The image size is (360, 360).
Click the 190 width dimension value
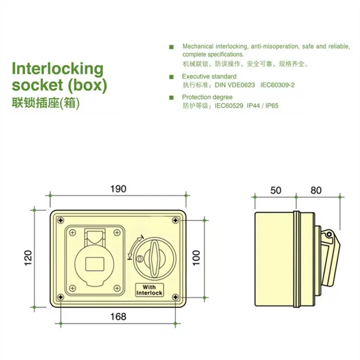click(118, 189)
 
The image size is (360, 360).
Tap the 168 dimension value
click(118, 316)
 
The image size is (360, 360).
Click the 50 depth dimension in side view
click(276, 190)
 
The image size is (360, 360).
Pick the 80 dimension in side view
click(316, 190)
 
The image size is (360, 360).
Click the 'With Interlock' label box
click(149, 289)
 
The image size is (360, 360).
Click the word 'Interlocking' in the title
click(57, 69)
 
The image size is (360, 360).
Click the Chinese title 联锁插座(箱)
click(45, 103)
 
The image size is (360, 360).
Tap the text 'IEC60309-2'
click(277, 85)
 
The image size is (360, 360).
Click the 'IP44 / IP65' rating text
click(263, 106)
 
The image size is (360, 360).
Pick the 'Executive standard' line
click(209, 76)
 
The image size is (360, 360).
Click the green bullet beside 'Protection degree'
click(171, 97)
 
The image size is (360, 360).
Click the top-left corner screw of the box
click(60, 220)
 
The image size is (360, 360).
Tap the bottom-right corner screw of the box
click(176, 297)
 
